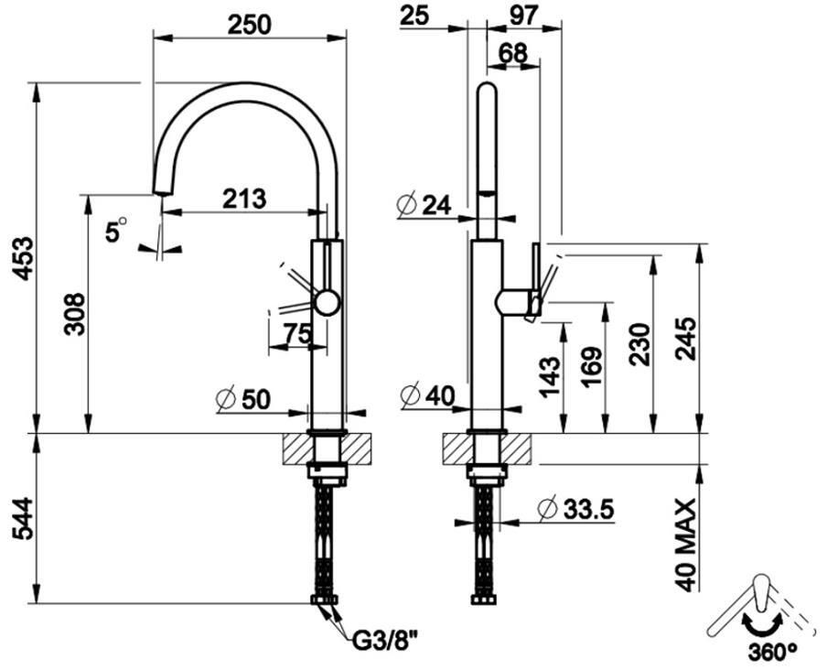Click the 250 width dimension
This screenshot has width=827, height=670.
(249, 25)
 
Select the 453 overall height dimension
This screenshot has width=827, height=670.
(23, 258)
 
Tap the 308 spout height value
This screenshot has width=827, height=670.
(74, 315)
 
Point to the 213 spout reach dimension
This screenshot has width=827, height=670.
(244, 199)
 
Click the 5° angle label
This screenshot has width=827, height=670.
(116, 230)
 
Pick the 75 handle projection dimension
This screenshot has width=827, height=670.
(297, 333)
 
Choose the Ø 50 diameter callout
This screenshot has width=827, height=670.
(243, 399)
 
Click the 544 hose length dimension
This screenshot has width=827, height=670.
(23, 519)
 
